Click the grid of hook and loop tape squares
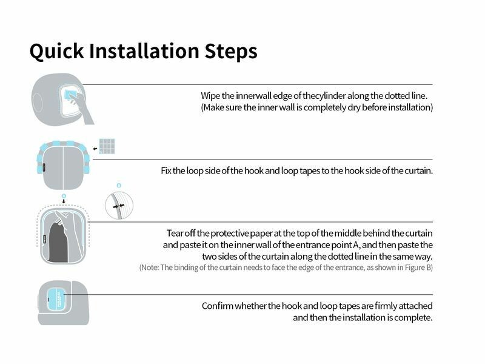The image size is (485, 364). click(107, 146)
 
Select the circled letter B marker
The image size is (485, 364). click(119, 184)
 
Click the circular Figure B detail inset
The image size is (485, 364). click(118, 204)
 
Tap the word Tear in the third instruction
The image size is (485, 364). click(175, 233)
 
